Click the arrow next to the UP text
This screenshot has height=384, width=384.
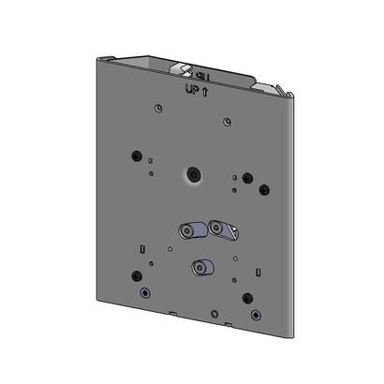(203, 91)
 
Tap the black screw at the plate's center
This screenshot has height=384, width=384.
(193, 175)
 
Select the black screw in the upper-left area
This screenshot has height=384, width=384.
(139, 155)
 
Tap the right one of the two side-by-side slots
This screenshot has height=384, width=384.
(223, 228)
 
